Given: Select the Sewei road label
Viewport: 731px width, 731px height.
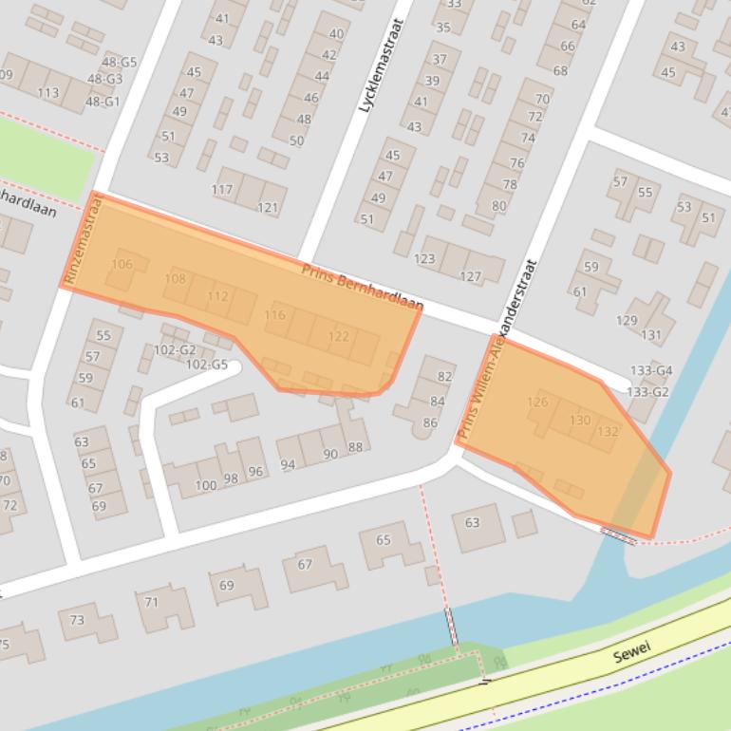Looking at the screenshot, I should (630, 656).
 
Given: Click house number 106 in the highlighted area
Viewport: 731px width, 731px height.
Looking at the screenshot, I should (122, 264).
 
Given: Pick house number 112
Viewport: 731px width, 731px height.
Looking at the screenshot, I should (217, 296).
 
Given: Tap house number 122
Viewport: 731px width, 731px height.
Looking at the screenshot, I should (338, 336).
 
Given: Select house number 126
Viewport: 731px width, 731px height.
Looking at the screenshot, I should (536, 402).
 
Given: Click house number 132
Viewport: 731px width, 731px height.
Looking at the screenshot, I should (609, 431).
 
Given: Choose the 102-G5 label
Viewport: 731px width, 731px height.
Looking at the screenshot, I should (206, 365).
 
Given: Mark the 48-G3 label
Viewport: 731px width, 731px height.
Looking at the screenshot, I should (103, 79).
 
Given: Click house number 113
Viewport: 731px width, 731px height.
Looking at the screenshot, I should (48, 92).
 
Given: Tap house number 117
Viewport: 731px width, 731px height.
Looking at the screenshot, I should (222, 190).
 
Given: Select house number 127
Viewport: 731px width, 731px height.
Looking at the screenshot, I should (470, 276).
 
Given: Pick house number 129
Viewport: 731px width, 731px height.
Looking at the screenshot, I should (627, 321).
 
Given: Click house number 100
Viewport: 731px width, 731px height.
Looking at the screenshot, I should (205, 485).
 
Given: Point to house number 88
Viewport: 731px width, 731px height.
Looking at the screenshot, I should (355, 447).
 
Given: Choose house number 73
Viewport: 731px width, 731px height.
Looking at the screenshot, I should (77, 620).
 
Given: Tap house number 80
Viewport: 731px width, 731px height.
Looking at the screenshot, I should (498, 205).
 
